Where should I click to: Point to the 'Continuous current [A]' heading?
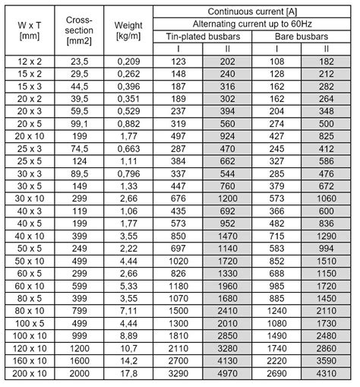(x=253, y=11)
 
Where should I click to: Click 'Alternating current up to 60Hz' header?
(x=253, y=23)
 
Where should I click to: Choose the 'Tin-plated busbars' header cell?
(x=204, y=36)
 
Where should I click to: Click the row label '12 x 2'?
(x=30, y=60)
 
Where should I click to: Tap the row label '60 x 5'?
(x=30, y=273)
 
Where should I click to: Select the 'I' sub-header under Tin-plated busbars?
(x=179, y=48)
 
